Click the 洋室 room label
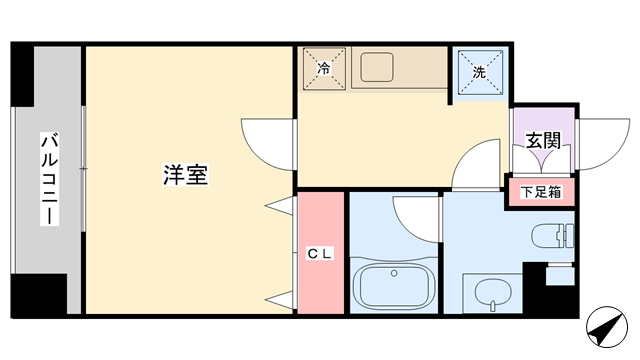(x=186, y=175)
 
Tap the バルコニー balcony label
(x=49, y=178)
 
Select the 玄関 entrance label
(x=543, y=140)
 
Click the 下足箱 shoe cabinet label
(x=541, y=191)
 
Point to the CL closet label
(x=320, y=254)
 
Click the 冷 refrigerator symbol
(x=324, y=68)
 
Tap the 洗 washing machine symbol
(x=480, y=72)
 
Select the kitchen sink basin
(x=377, y=67)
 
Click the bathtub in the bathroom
(x=394, y=286)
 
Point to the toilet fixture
(x=553, y=236)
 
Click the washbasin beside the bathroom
(x=493, y=293)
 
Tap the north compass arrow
(x=607, y=327)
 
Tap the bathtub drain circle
(x=394, y=273)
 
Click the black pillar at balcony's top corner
(x=22, y=75)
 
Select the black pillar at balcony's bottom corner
(x=39, y=295)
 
